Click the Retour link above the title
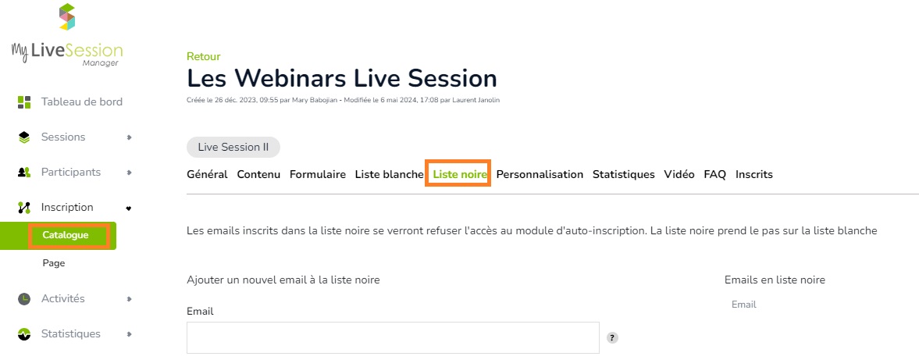tap(203, 57)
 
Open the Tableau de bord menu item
tap(81, 102)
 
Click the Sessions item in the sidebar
tap(62, 137)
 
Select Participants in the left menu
tap(70, 173)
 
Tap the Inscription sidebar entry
tap(67, 208)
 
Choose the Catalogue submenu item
tap(66, 236)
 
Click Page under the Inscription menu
tap(53, 264)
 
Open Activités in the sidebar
tap(62, 299)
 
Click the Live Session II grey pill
tap(233, 147)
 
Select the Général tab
tap(207, 175)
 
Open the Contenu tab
tap(258, 175)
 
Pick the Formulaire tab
tap(318, 175)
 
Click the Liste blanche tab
tap(389, 175)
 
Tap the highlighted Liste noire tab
tap(460, 175)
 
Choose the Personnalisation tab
tap(540, 175)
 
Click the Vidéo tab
tap(679, 175)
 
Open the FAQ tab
tap(715, 175)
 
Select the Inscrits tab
tap(754, 175)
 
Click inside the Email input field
tap(394, 337)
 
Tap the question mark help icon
tap(612, 337)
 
